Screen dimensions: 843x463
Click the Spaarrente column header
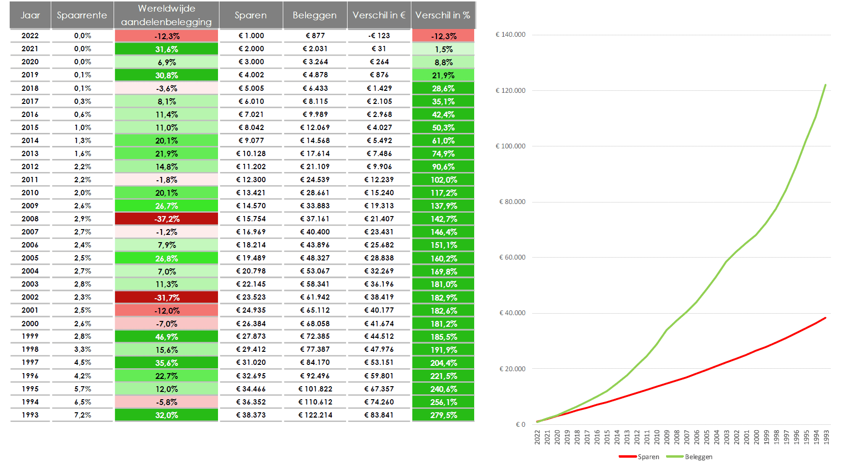tap(82, 15)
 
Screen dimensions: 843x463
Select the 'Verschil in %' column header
tap(443, 15)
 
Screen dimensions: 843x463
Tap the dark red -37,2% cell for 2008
tap(167, 219)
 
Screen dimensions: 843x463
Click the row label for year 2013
tap(30, 154)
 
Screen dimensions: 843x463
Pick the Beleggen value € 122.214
tap(315, 415)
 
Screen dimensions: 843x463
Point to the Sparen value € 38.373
tap(250, 415)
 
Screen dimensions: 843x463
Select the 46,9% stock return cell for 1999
tap(167, 337)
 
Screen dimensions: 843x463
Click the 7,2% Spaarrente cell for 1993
tap(83, 415)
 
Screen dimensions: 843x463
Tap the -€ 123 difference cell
tap(379, 36)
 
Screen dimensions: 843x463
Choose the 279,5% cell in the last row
tap(443, 415)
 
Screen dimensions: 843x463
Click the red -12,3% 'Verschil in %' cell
tap(443, 36)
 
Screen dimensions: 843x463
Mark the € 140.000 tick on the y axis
tap(510, 35)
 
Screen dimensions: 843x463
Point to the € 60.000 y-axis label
tap(512, 258)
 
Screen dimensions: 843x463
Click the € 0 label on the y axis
tap(521, 425)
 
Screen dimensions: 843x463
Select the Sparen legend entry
tap(639, 457)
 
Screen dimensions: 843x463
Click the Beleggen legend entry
tap(689, 457)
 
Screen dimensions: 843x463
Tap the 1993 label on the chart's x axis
tap(827, 437)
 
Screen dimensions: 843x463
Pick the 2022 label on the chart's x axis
tap(537, 437)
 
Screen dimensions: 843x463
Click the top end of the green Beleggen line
tap(826, 85)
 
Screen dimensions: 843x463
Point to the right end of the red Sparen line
tap(826, 318)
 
